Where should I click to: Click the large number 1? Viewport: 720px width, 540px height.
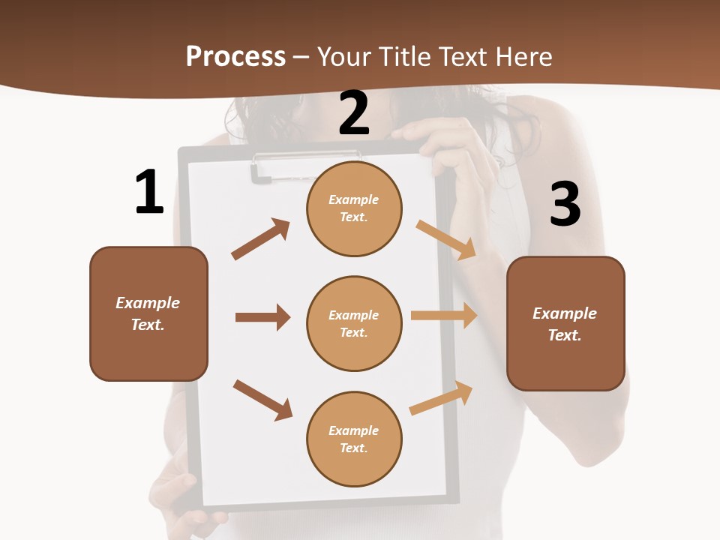[149, 192]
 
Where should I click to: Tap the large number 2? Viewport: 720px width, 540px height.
[354, 113]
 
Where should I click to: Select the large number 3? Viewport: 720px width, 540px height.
[565, 204]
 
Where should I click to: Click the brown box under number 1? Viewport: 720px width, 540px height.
[148, 313]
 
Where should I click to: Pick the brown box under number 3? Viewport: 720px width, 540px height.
[565, 324]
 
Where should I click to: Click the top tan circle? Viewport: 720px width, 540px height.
[354, 208]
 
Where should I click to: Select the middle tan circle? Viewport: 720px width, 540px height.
[354, 324]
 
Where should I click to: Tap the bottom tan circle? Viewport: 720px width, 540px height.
[354, 439]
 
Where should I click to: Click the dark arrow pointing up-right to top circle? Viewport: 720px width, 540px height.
[261, 239]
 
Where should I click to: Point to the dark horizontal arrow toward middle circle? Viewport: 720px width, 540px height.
[262, 317]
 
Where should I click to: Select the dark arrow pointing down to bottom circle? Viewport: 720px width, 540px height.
[262, 400]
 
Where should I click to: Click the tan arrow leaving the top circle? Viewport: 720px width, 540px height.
[446, 239]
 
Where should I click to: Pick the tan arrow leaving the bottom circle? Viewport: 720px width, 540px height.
[441, 398]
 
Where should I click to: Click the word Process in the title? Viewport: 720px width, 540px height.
[235, 56]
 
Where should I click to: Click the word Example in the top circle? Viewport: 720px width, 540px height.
[353, 199]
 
